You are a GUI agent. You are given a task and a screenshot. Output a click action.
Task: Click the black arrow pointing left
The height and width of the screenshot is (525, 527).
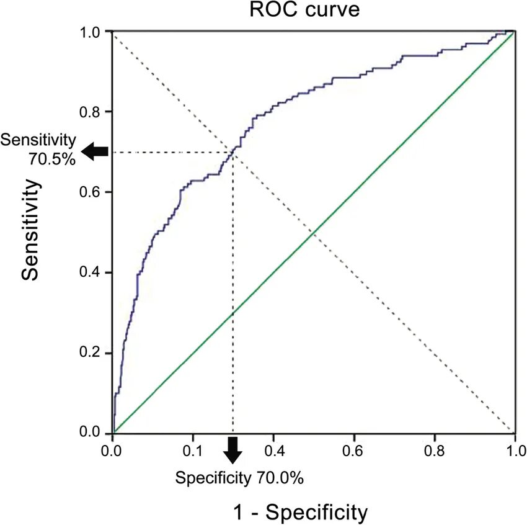click(x=96, y=151)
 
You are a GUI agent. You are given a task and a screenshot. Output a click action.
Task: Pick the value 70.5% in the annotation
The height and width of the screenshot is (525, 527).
click(x=51, y=159)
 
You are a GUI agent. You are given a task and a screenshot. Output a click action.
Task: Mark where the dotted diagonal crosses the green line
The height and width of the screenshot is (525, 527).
click(x=314, y=232)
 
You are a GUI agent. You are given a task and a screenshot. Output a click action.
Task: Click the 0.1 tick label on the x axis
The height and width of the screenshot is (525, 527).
click(x=193, y=449)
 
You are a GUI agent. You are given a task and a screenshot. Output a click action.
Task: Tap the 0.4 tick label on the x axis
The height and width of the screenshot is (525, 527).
click(x=273, y=449)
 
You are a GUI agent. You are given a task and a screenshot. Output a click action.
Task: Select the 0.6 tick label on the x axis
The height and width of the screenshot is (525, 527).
click(x=354, y=449)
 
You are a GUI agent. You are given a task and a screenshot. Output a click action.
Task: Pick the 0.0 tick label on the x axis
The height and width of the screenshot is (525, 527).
click(x=112, y=449)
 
